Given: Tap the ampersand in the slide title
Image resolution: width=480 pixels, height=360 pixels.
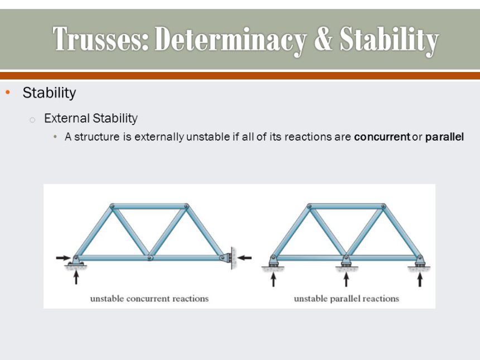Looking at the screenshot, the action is (x=323, y=39).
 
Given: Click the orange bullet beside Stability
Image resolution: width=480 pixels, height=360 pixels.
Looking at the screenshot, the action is (x=8, y=93).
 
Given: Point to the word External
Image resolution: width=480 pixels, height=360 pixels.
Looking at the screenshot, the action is (x=67, y=118).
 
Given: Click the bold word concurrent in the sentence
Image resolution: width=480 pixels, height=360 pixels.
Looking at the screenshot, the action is (x=382, y=137).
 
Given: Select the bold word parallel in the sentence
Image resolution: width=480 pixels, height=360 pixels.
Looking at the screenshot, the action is (x=444, y=137).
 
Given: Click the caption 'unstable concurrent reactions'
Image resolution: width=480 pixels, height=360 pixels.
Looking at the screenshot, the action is (x=150, y=299).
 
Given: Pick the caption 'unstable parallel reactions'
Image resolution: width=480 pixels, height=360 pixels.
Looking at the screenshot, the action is (x=347, y=299).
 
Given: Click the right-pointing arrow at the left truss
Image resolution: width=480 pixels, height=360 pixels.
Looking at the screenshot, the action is (x=64, y=258).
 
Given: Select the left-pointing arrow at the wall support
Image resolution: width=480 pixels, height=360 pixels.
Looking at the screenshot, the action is (x=244, y=258).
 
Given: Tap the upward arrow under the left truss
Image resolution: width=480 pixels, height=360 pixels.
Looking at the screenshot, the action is (x=76, y=276).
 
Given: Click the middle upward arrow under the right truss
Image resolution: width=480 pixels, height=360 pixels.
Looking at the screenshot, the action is (x=346, y=279).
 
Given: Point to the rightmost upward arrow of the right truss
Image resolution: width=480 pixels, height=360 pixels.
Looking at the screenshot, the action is (x=420, y=279).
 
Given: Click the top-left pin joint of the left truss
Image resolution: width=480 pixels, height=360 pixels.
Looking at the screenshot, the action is (x=112, y=207).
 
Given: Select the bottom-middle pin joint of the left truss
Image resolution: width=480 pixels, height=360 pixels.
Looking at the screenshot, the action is (x=150, y=258).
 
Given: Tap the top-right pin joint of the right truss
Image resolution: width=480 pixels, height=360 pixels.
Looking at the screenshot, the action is (x=383, y=207).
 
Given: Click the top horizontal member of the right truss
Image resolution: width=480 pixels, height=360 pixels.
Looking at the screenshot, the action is (x=346, y=207).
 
